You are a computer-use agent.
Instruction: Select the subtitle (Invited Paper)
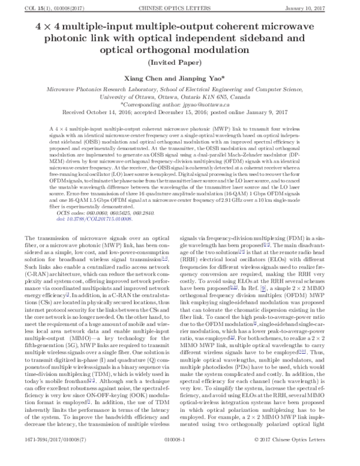(x=180, y=61)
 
